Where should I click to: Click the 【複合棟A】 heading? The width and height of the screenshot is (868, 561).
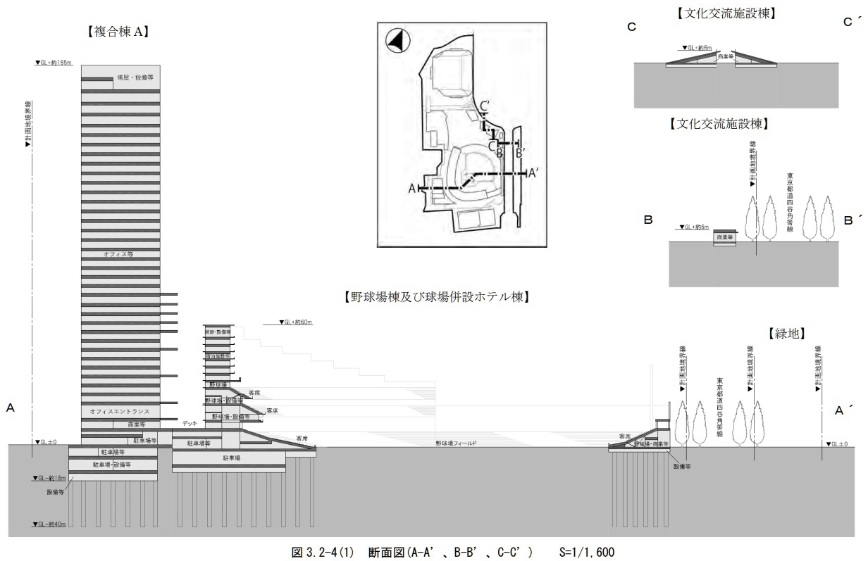[x=120, y=32]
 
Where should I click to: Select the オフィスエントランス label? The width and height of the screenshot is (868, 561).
[x=120, y=410]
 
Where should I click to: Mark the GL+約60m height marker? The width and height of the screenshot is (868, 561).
[x=287, y=322]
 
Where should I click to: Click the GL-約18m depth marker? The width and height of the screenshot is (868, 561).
[x=49, y=478]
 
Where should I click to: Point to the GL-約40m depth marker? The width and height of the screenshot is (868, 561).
[x=49, y=524]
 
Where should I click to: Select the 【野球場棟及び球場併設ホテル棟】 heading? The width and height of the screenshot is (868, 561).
[x=435, y=296]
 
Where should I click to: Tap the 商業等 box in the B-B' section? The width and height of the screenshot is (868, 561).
[x=725, y=238]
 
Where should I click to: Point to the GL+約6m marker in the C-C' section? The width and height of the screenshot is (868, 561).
[x=697, y=49]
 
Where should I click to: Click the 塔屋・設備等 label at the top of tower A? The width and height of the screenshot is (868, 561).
[x=136, y=78]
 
